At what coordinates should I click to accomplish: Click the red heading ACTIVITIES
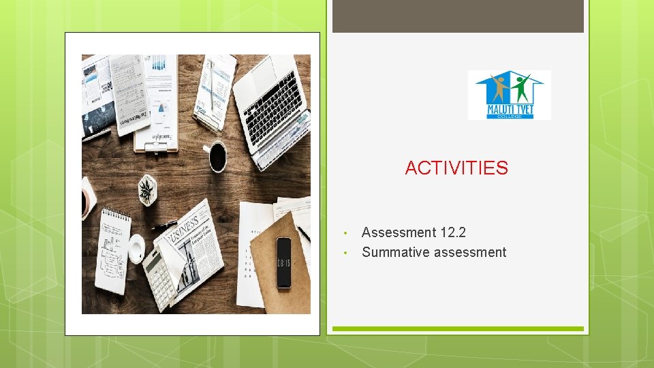pos(456,168)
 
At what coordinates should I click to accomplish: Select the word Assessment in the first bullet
pos(399,233)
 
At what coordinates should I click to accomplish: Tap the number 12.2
pos(453,233)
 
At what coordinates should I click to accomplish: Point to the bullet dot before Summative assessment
pos(345,253)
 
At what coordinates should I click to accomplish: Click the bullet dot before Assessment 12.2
pos(345,234)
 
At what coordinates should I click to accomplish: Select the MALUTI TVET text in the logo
pos(510,108)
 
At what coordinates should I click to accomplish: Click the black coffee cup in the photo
pos(217,157)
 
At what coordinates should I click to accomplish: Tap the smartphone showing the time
pos(283,262)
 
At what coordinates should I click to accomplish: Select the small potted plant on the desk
pos(146,189)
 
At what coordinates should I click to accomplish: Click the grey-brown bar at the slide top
pos(458,16)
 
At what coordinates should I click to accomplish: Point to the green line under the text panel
pos(458,328)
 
